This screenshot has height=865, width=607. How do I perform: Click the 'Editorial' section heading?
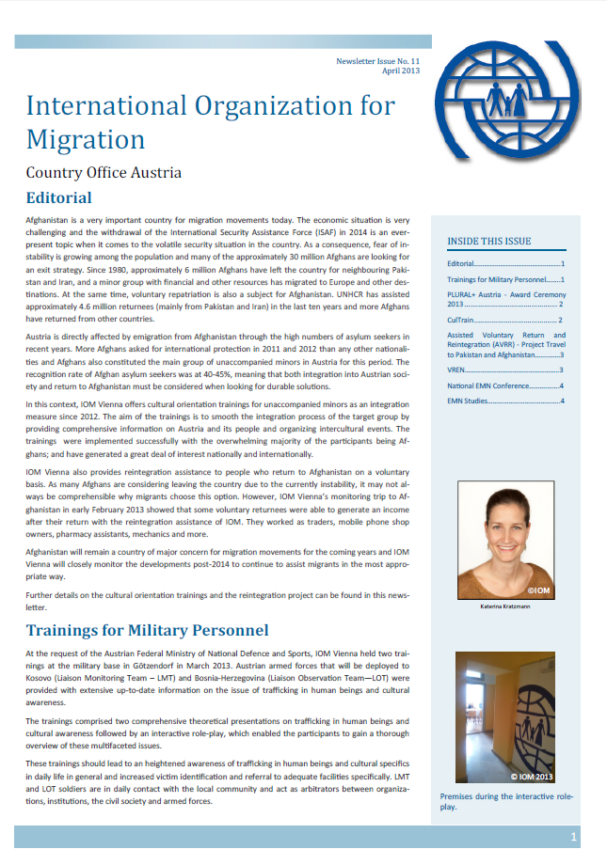[58, 197]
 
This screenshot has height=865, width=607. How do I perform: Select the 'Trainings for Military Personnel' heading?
[148, 629]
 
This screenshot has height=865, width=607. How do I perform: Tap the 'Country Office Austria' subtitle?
[104, 172]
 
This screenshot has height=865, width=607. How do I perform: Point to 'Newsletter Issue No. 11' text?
[375, 60]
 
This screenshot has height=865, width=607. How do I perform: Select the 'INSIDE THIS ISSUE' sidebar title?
[488, 241]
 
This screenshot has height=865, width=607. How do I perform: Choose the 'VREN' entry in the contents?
[459, 370]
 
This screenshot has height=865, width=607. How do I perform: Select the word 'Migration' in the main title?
[86, 139]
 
